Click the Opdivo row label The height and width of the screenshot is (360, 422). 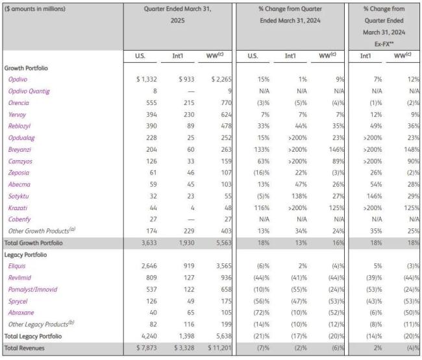[18, 78]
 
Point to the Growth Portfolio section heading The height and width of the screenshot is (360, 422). [27, 67]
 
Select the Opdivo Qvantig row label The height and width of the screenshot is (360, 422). [29, 90]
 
